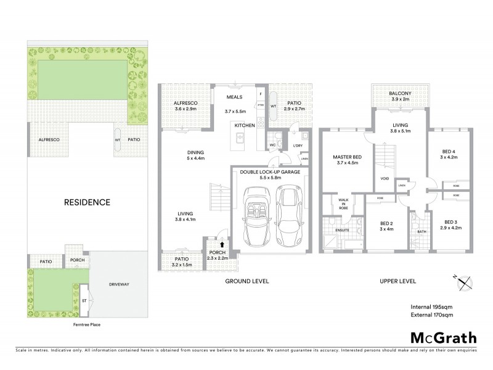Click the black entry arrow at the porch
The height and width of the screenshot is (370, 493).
pyautogui.click(x=213, y=245)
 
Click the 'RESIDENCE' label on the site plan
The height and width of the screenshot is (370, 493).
pyautogui.click(x=88, y=202)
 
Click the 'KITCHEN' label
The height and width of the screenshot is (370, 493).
pyautogui.click(x=244, y=125)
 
